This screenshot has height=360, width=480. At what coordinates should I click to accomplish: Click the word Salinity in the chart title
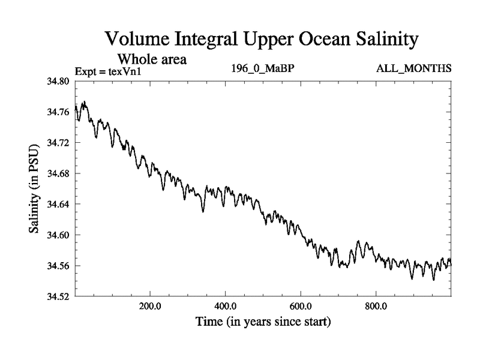(377, 40)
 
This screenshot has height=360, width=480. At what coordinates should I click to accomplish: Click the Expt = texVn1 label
(111, 71)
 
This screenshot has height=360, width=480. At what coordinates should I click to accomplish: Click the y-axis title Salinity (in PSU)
(35, 189)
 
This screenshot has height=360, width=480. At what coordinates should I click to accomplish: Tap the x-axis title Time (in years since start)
(263, 322)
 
